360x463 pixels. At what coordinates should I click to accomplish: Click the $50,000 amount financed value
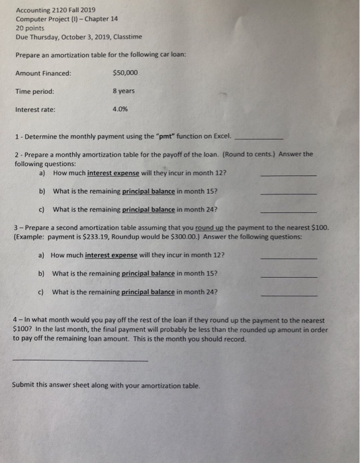126,73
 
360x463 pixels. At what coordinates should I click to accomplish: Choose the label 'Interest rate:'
36,110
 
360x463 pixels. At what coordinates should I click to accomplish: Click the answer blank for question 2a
289,175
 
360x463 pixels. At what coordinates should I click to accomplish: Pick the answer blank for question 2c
289,212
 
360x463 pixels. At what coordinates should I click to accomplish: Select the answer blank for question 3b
289,275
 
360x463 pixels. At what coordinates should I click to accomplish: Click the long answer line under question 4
80,360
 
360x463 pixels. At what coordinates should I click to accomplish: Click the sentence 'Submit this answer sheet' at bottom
106,386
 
